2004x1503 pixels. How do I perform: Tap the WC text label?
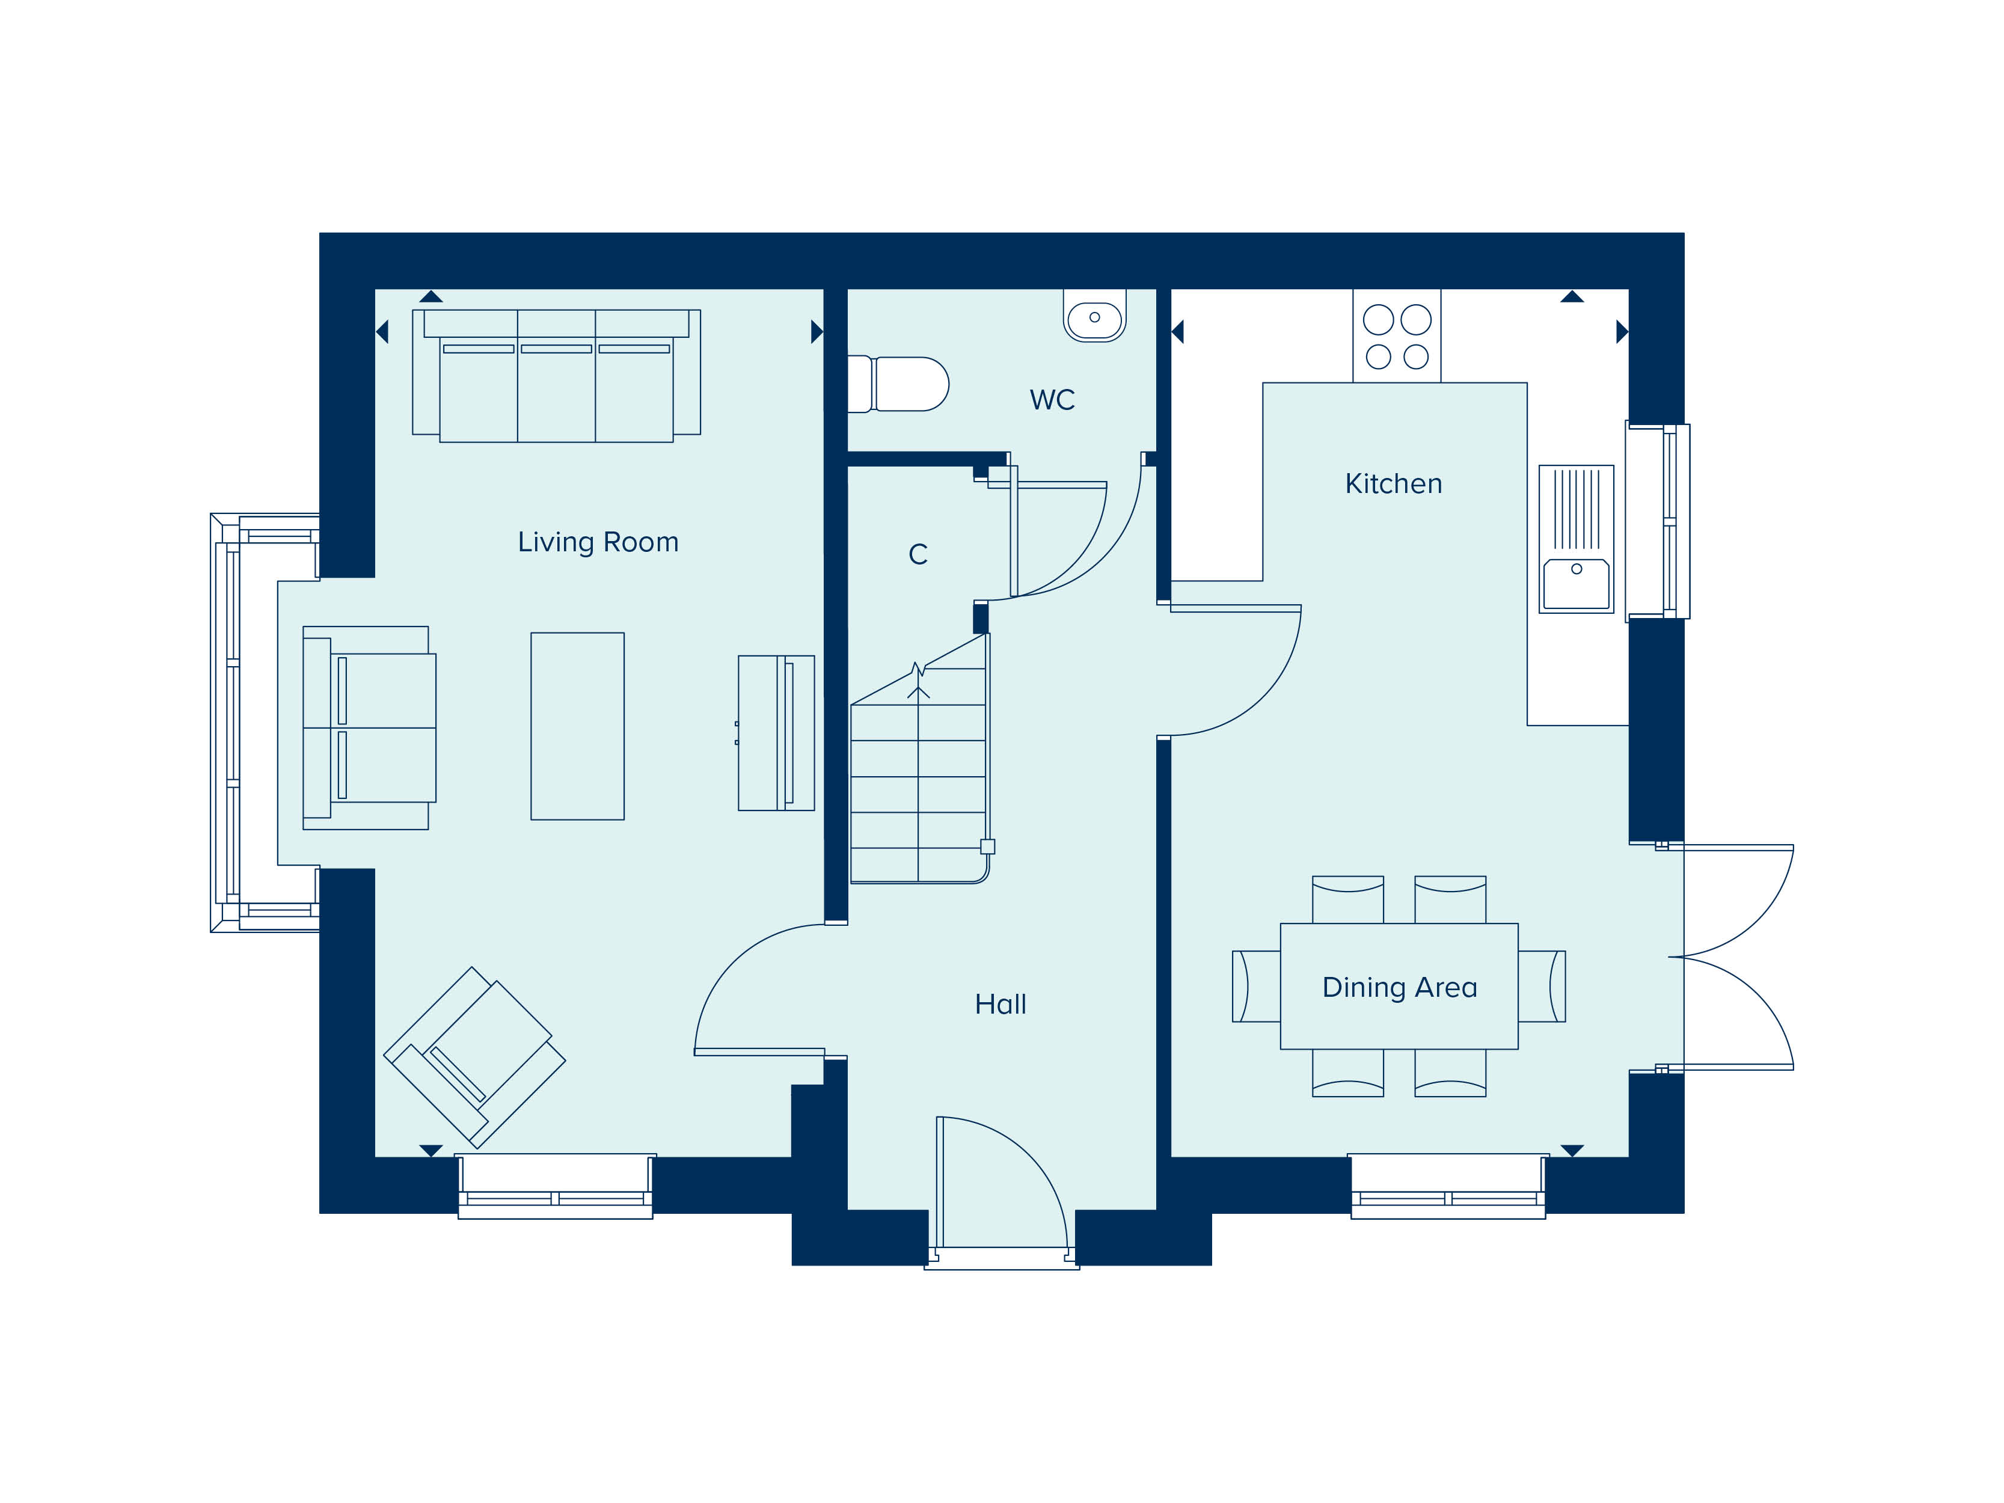1052,400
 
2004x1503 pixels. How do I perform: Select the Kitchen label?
1393,484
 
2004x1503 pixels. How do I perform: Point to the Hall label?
1000,1004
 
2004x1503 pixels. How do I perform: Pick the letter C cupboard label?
918,554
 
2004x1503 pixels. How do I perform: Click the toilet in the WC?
898,384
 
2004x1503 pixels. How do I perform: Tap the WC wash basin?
1094,316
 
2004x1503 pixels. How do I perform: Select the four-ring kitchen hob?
1397,336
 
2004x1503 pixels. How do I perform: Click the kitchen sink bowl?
1577,583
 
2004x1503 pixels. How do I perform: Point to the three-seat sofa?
556,376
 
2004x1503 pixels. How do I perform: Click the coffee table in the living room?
577,727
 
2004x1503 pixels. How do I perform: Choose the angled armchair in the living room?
475,1058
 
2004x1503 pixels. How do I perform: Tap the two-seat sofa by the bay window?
369,727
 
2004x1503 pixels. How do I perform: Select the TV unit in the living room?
776,733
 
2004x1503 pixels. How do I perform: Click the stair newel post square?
987,847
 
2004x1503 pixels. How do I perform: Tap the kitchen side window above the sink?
1658,521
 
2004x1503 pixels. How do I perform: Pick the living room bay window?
265,723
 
